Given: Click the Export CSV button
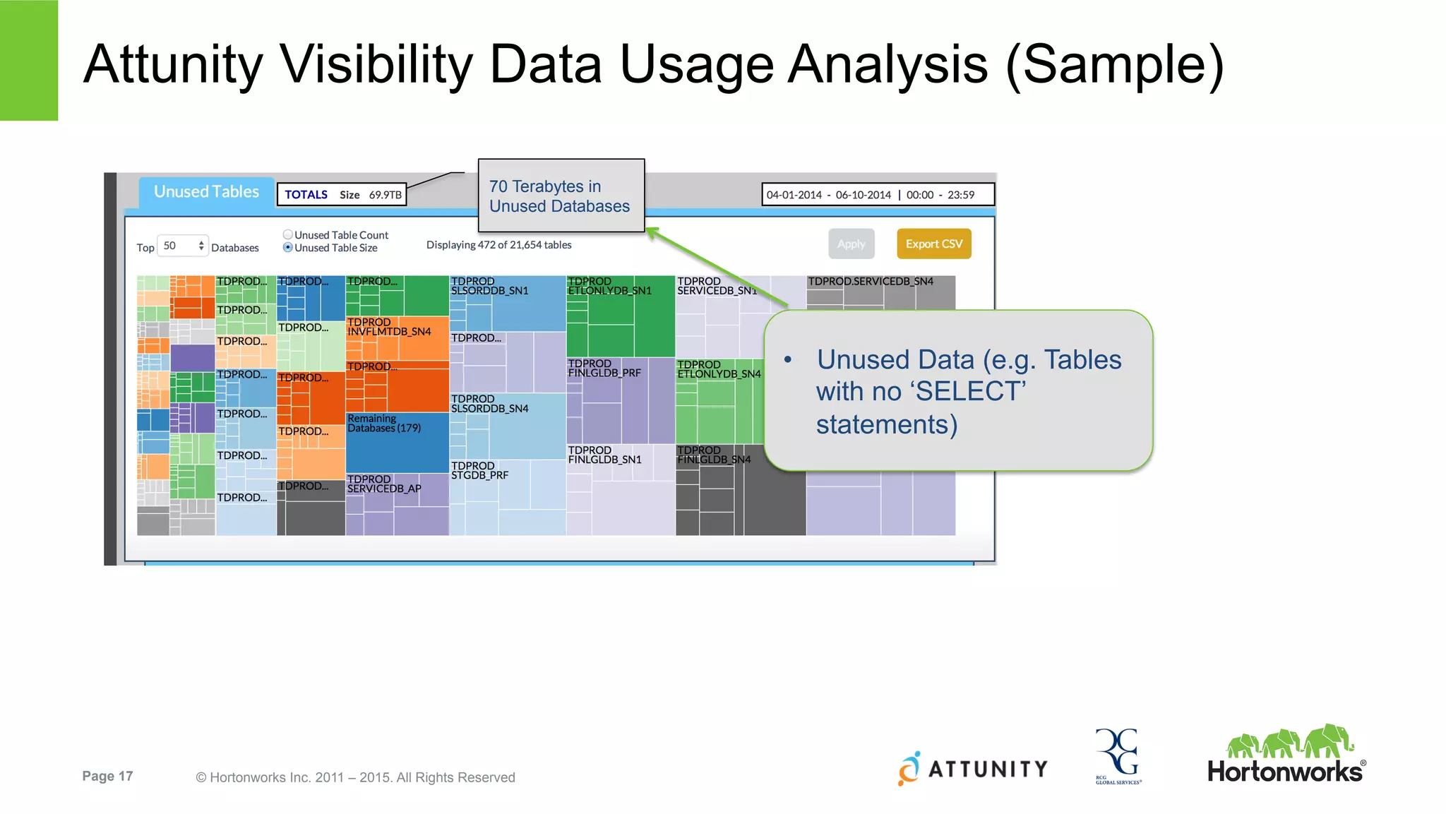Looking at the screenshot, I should click(x=933, y=244).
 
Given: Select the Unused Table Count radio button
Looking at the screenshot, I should click(x=288, y=234).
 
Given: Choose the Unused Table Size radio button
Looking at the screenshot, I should click(x=288, y=248).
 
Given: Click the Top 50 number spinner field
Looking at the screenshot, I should click(x=181, y=246).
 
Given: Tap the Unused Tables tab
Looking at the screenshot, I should click(x=206, y=192).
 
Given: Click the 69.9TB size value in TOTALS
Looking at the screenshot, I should click(x=385, y=195).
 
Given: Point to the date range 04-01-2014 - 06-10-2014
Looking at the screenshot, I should click(x=828, y=195).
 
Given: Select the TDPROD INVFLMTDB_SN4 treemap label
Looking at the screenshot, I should click(x=389, y=327).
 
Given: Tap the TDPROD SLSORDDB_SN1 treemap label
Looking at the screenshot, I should click(x=489, y=286).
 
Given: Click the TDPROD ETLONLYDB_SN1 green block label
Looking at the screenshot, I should click(x=609, y=286).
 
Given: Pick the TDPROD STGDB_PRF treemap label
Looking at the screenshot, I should click(x=479, y=471).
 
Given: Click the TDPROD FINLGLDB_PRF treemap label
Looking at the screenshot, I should click(x=604, y=369).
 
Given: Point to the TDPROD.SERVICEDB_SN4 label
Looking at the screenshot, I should click(x=870, y=282).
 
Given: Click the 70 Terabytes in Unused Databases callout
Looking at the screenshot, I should click(x=560, y=196).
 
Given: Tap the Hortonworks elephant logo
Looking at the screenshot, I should click(x=1290, y=743).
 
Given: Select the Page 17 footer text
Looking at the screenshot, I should click(x=107, y=777).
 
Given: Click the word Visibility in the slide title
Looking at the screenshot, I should click(x=376, y=65).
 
